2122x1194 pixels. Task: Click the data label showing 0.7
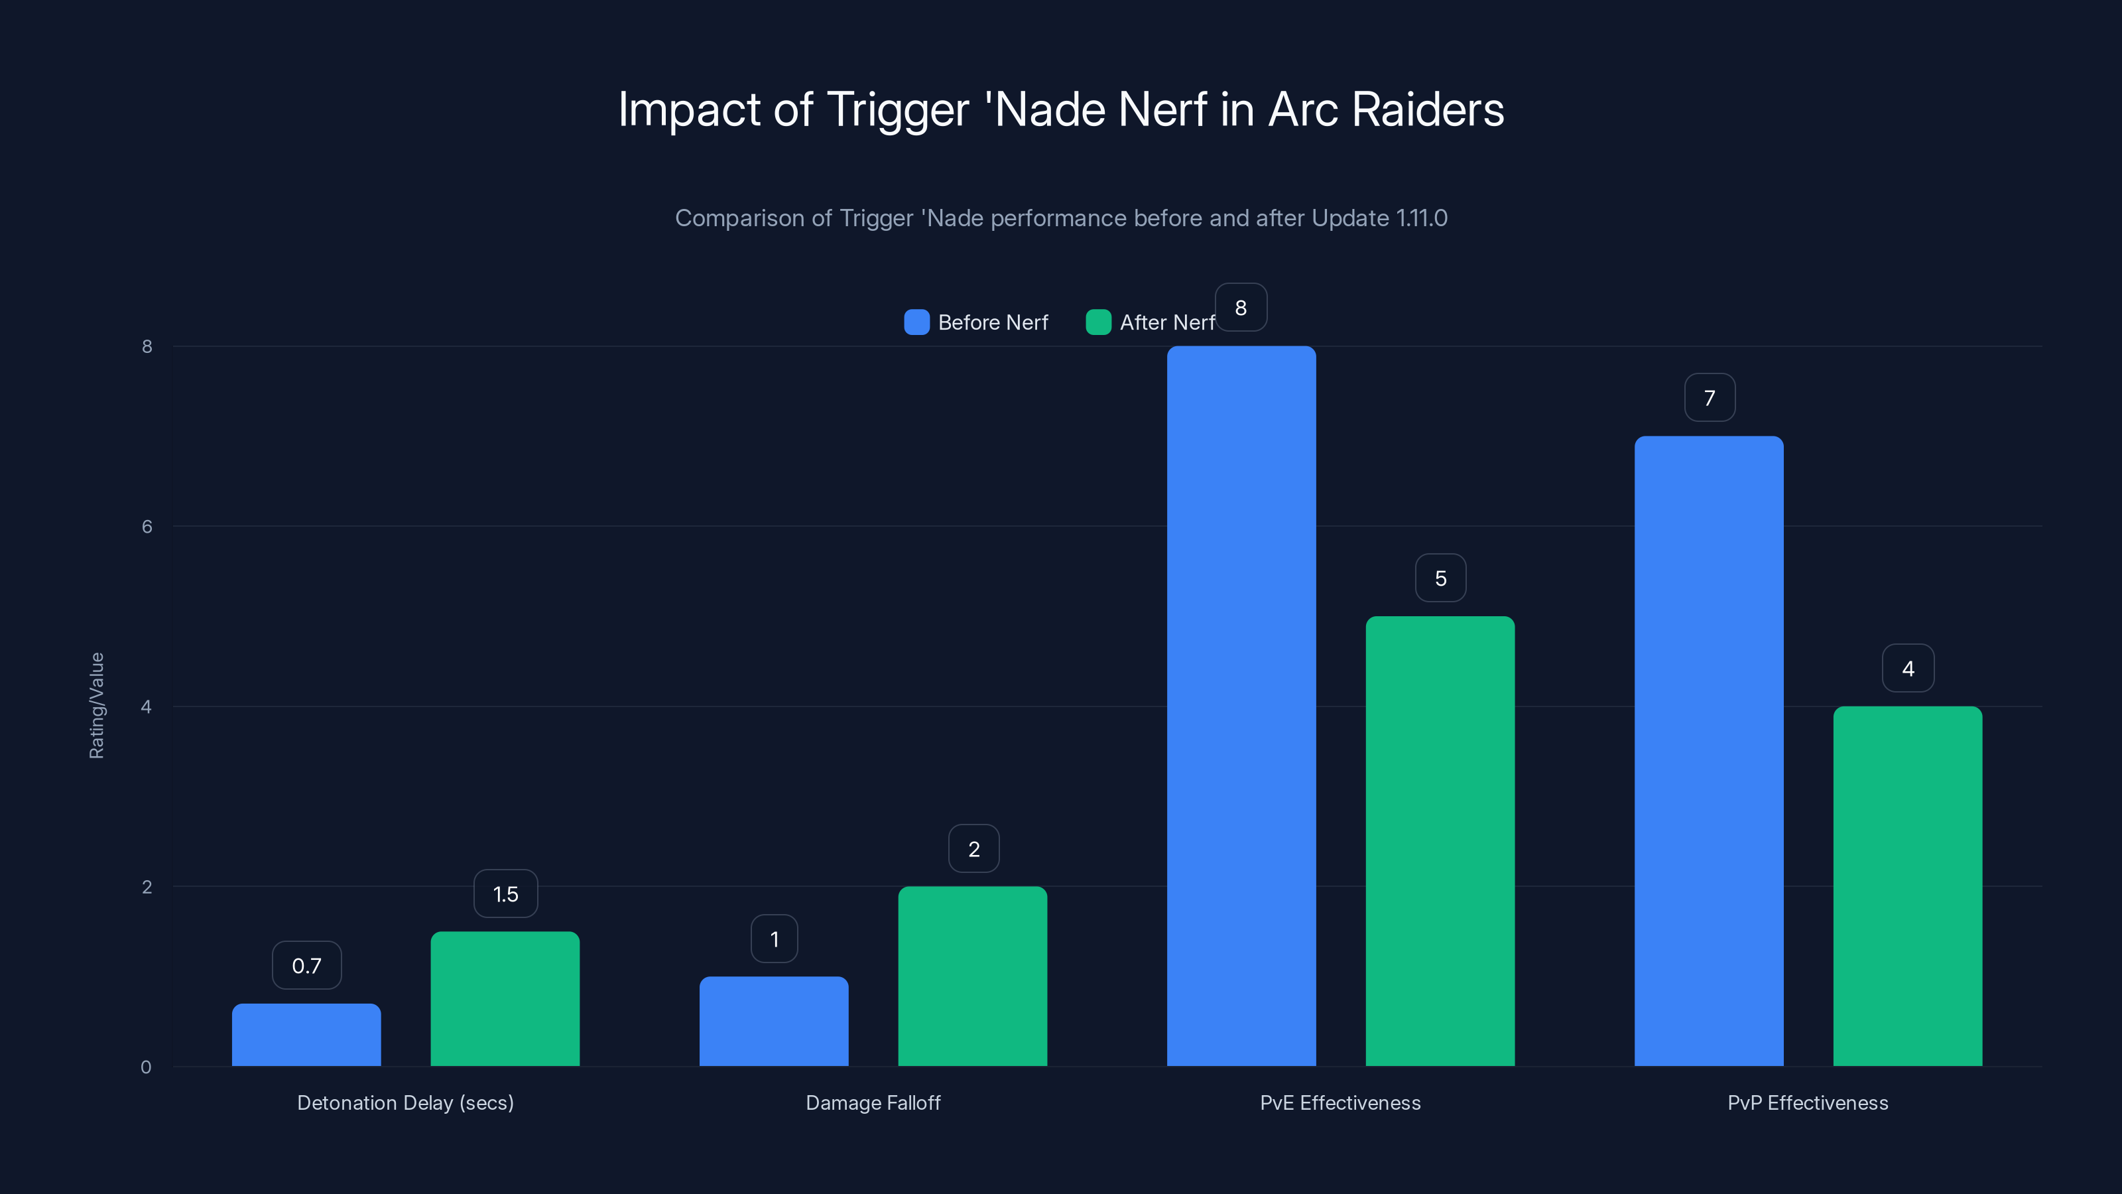[x=306, y=965]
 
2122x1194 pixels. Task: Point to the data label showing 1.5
[x=505, y=894]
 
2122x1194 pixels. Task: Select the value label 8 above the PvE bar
[x=1241, y=307]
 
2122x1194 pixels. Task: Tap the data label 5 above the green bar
[x=1440, y=578]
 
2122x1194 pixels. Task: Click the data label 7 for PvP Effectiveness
[x=1710, y=397]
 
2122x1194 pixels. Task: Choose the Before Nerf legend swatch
[x=916, y=322]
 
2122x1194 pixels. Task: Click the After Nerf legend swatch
[x=1098, y=322]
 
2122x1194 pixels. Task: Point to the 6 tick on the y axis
[x=147, y=526]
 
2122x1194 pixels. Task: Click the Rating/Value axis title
[x=96, y=705]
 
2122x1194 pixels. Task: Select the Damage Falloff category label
[x=873, y=1102]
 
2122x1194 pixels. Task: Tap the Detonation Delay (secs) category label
[x=405, y=1102]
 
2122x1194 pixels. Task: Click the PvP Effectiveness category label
[x=1807, y=1102]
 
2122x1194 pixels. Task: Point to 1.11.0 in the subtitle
[x=1421, y=218]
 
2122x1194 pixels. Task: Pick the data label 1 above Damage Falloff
[x=773, y=939]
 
